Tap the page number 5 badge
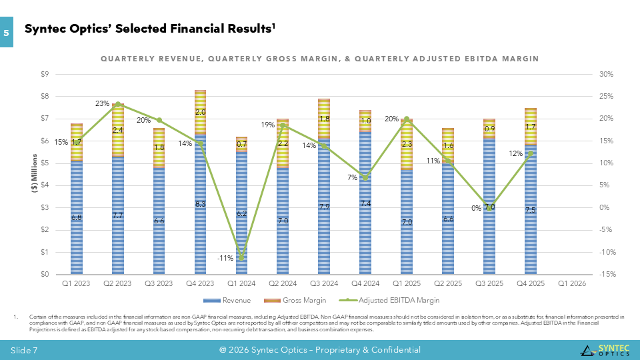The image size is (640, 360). (x=7, y=33)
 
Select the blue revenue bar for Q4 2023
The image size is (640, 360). (x=200, y=220)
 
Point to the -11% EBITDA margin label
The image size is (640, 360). (x=225, y=257)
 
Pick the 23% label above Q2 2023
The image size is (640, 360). (x=102, y=103)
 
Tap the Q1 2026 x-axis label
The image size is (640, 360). (x=571, y=283)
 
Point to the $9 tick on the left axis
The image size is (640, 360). (x=44, y=74)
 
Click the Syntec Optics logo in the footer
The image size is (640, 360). (x=603, y=350)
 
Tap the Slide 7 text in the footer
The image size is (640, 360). (x=24, y=350)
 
